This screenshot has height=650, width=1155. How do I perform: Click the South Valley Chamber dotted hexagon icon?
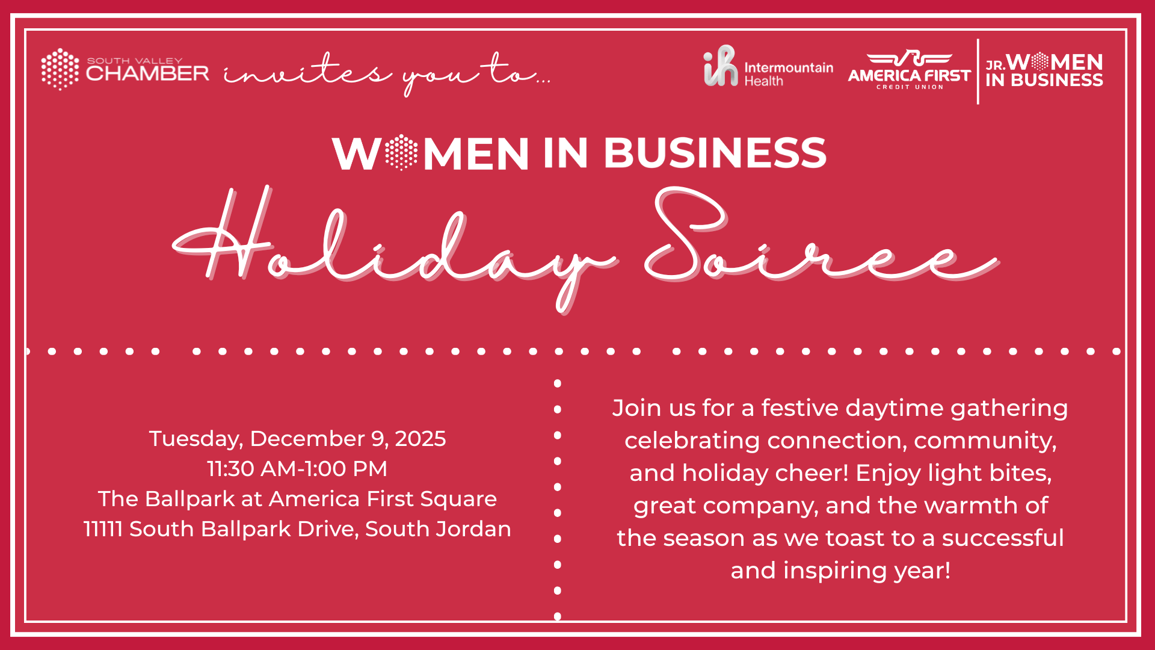(x=60, y=69)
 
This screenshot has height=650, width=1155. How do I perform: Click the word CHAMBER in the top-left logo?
(x=148, y=73)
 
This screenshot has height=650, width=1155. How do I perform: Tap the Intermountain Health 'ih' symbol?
(x=720, y=66)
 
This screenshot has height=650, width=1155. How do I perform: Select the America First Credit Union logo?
(x=909, y=70)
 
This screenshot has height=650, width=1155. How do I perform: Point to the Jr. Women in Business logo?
(x=1044, y=70)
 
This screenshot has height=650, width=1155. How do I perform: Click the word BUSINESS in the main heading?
(x=715, y=153)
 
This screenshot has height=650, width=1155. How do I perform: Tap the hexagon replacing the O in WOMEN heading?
(x=401, y=153)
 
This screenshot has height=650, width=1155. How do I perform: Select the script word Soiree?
(x=821, y=238)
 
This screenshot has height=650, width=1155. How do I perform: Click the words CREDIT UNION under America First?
(x=910, y=87)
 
